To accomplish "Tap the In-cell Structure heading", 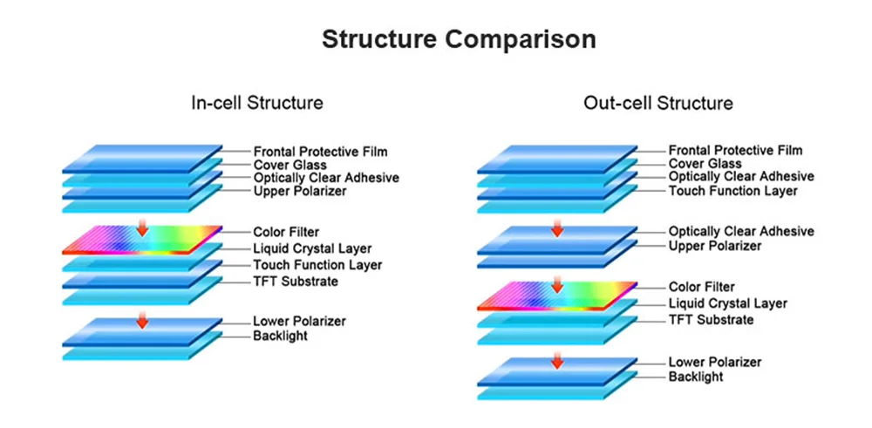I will coord(257,103).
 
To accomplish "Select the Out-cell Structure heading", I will coord(658,104).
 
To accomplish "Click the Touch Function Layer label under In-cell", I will coord(317,265).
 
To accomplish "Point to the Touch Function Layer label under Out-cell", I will coord(732,191).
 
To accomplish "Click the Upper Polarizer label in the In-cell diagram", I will coord(299,191).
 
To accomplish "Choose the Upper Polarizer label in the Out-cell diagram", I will coord(715,247).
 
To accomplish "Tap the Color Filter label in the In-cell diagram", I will coord(286,232).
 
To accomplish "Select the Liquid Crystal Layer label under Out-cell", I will coord(727,303).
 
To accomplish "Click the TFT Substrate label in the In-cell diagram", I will coord(295,282).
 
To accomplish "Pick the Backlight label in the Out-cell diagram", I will coord(696,377).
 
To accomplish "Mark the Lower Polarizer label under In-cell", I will coord(299,321).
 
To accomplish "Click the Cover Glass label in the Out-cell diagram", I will coord(705,164).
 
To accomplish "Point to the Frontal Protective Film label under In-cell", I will coord(320,151).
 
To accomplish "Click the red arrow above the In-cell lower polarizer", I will coord(142,321).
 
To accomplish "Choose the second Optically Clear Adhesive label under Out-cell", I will coord(741,232).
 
